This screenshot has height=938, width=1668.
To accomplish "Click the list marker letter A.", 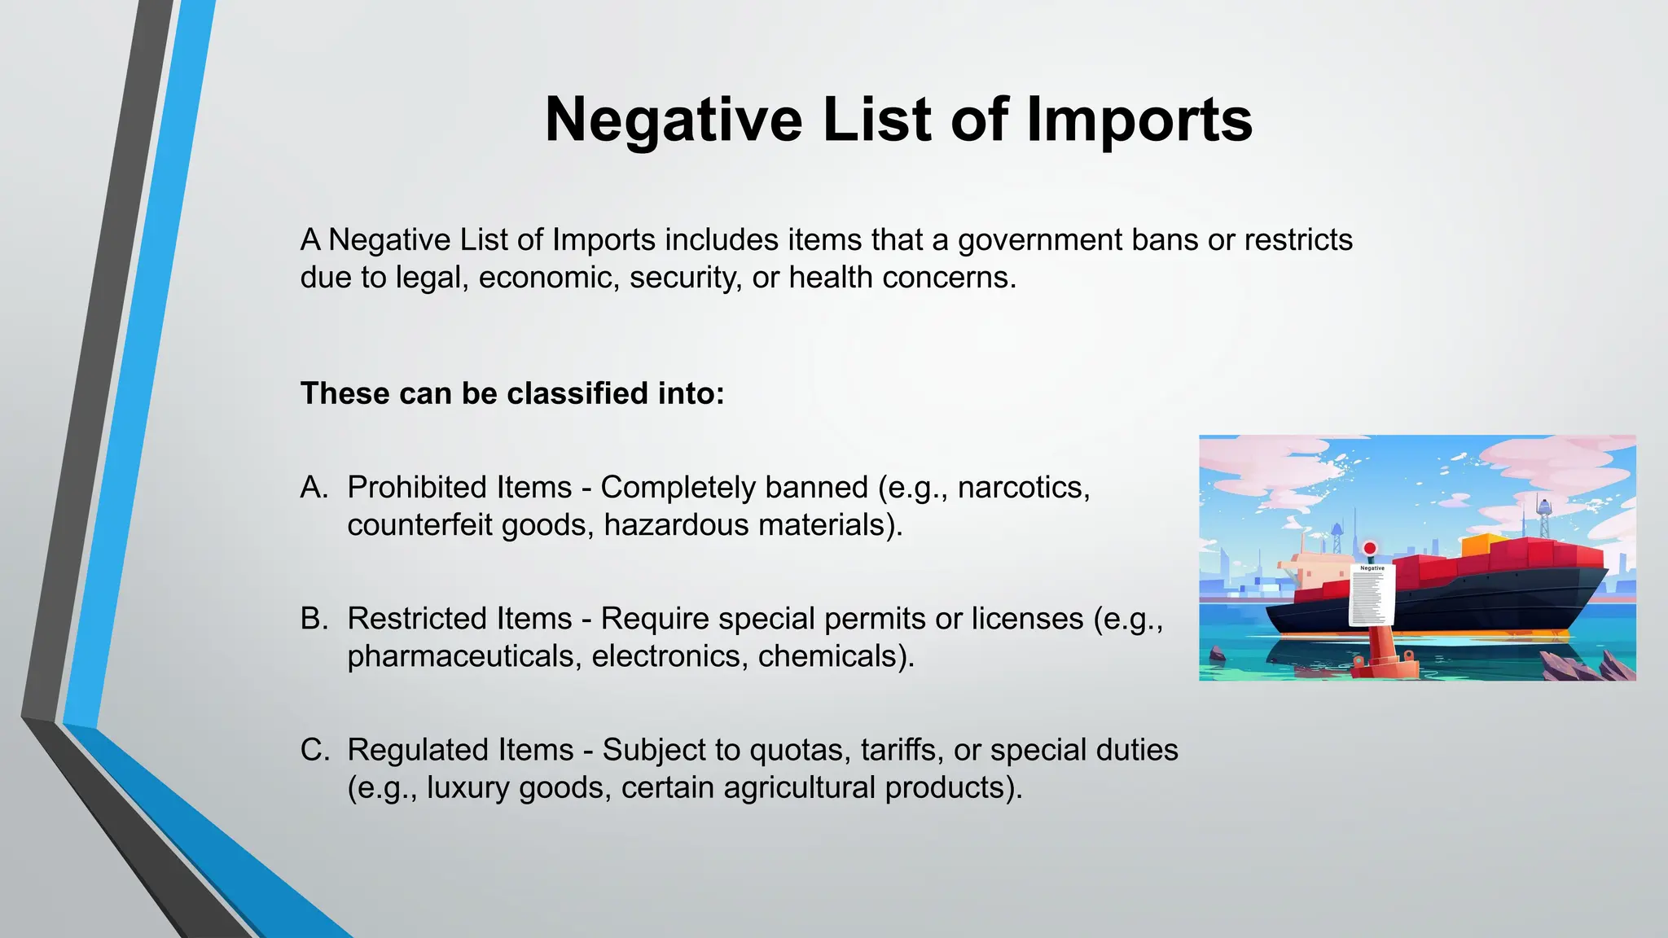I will (314, 487).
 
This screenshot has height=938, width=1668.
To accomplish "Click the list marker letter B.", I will (314, 619).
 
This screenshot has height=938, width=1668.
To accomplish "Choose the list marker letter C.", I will (314, 750).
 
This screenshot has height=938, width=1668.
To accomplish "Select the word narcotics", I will (1023, 487).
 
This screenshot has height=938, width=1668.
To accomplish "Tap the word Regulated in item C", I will (460, 750).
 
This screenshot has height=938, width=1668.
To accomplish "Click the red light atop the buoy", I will (1370, 548).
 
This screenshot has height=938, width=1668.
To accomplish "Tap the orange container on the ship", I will (1484, 545).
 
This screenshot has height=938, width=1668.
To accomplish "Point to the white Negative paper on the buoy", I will (1372, 595).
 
